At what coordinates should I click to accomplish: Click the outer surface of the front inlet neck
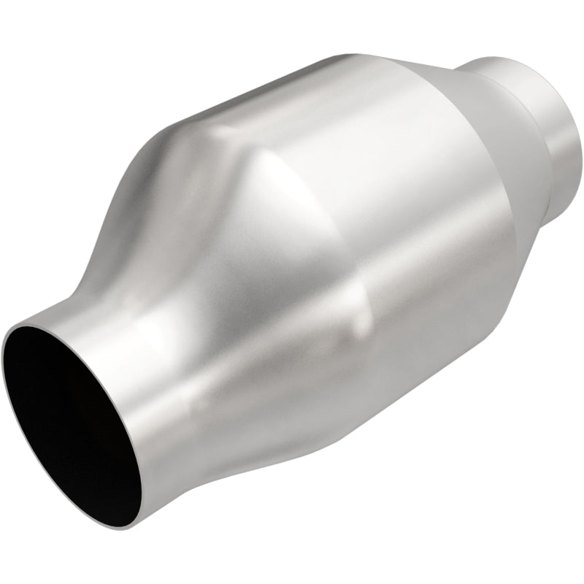(146, 380)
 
